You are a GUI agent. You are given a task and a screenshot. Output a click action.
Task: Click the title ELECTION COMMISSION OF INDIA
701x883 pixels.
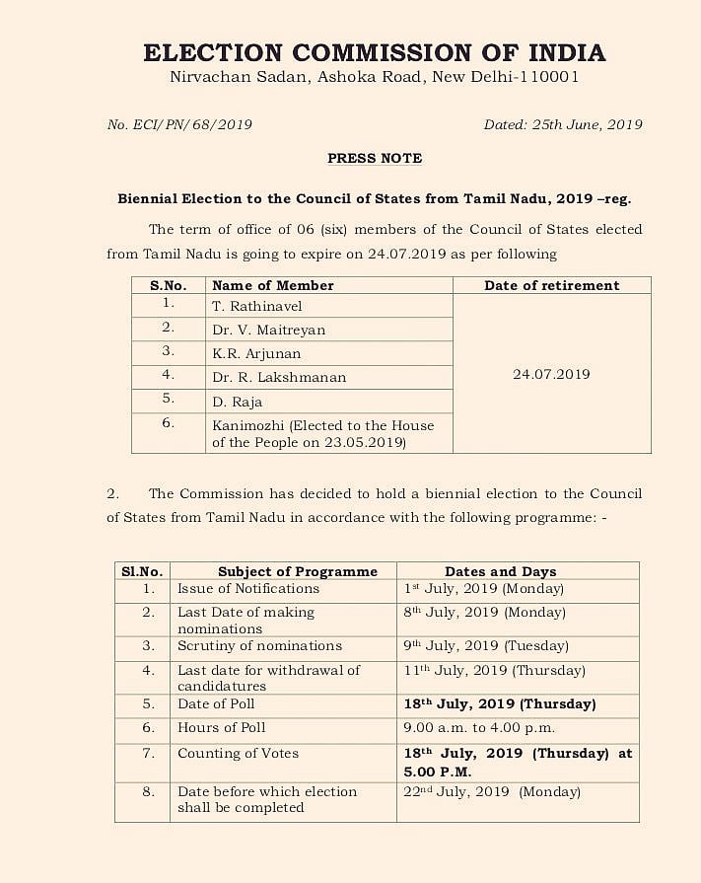374,52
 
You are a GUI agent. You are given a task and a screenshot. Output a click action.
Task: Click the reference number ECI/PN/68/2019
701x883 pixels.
179,124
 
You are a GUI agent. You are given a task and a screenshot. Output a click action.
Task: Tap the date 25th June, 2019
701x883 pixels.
563,124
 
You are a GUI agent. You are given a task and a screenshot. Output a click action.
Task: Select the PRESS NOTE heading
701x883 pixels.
374,158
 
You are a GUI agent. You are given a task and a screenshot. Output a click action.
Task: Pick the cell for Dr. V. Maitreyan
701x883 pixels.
268,330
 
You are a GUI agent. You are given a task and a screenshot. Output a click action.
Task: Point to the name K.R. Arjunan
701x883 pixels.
256,353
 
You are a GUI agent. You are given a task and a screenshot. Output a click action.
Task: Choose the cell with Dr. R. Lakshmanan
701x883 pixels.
279,377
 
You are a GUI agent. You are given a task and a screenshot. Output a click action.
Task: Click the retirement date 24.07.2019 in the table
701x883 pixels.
551,374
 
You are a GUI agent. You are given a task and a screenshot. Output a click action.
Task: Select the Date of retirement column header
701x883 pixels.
551,285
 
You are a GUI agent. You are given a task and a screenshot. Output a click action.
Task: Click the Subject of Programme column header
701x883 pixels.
298,571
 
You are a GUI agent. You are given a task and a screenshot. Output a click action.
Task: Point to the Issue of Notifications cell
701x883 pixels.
248,589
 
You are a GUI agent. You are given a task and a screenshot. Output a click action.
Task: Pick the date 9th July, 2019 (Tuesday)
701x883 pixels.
486,646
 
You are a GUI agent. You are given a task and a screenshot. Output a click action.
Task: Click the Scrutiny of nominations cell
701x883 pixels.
259,646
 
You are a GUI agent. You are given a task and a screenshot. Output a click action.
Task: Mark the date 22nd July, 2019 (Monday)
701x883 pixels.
492,791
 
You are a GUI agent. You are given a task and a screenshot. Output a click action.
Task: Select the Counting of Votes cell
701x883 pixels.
238,754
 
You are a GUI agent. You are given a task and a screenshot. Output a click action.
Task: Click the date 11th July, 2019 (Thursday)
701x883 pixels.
494,670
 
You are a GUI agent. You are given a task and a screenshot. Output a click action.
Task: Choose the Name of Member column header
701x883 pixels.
273,285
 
